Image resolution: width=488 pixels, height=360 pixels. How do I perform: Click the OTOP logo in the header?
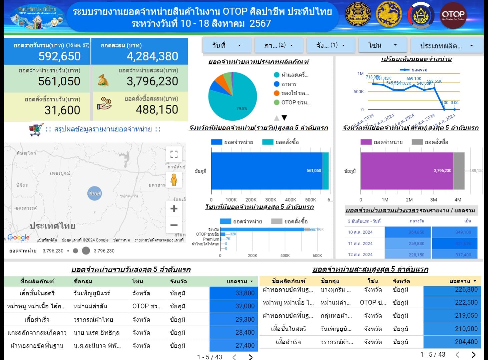(x=453, y=15)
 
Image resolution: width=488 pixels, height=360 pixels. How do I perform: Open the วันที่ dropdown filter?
(x=226, y=45)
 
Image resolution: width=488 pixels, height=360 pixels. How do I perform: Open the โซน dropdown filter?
(x=383, y=45)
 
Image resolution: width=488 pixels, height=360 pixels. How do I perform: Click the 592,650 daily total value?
(x=59, y=56)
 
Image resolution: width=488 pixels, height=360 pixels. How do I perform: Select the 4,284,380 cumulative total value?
(x=152, y=56)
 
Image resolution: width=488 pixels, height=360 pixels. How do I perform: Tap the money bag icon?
(x=103, y=80)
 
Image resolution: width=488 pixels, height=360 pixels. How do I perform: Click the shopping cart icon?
(x=36, y=129)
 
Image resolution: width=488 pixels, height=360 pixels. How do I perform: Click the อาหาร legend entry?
(x=289, y=84)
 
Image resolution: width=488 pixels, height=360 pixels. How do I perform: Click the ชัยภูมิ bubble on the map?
(x=94, y=193)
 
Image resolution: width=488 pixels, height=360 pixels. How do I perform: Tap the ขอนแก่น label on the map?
(x=129, y=196)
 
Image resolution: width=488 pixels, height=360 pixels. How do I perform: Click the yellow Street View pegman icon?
(x=174, y=179)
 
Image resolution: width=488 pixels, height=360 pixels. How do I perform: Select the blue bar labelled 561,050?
(x=267, y=171)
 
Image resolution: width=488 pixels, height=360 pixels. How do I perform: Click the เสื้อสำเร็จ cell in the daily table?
(x=37, y=319)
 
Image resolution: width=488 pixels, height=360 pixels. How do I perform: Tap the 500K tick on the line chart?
(x=359, y=91)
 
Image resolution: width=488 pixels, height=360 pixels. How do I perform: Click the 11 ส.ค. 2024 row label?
(x=360, y=244)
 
